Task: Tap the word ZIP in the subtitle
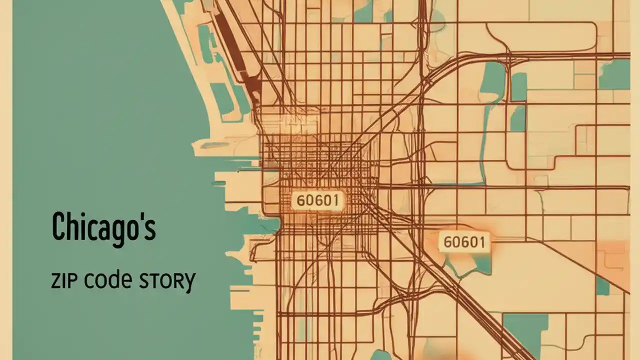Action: tap(64, 281)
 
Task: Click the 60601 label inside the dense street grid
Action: tap(317, 200)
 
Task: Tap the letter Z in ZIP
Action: tap(55, 281)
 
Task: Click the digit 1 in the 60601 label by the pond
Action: tap(482, 242)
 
